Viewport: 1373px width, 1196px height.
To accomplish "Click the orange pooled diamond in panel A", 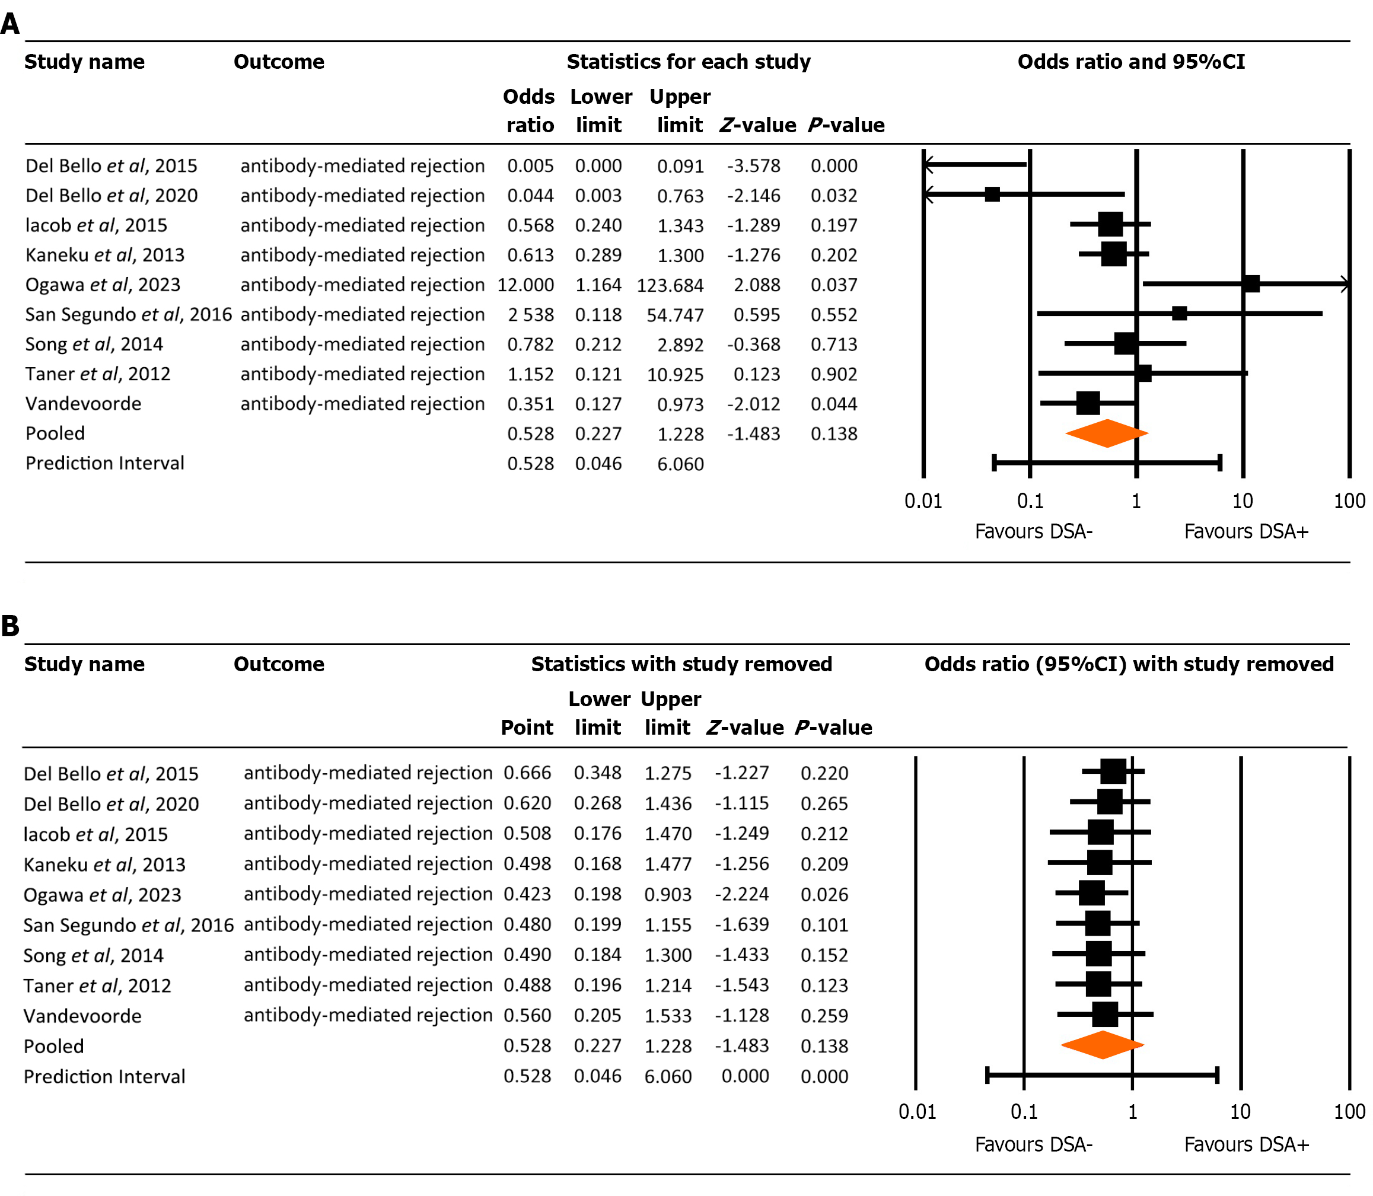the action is (1107, 433).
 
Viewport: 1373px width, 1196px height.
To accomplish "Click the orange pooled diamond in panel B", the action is (1102, 1045).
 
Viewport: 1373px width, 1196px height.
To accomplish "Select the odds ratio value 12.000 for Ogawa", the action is (525, 285).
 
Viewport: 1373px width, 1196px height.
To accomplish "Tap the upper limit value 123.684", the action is (670, 285).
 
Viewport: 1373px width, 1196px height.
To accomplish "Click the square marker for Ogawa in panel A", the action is (1251, 283).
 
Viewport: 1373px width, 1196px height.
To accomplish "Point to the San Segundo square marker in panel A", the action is (1180, 313).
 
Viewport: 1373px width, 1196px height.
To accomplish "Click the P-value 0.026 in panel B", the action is (824, 894).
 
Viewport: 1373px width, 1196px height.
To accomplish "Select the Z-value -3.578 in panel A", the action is (754, 165).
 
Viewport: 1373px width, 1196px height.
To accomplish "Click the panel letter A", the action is (10, 24).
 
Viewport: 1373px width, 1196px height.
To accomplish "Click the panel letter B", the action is (10, 626).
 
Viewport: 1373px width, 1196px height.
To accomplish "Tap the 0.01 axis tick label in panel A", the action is (923, 500).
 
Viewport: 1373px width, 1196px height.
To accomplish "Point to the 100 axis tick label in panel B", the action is (1349, 1111).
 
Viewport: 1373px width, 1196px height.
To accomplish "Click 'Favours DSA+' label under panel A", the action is (1246, 531).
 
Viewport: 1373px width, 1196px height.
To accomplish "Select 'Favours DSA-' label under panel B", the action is (1034, 1144).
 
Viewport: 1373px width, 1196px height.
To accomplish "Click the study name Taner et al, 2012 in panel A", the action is (98, 374).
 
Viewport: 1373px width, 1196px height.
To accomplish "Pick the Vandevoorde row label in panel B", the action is (83, 1016).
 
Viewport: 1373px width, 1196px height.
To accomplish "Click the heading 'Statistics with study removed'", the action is (681, 664).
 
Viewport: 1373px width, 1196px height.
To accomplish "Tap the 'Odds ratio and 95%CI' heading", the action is (1132, 62).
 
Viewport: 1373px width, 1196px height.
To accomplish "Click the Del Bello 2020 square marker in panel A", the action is (993, 194).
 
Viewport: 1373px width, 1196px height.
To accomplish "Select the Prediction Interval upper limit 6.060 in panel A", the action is (681, 464).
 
